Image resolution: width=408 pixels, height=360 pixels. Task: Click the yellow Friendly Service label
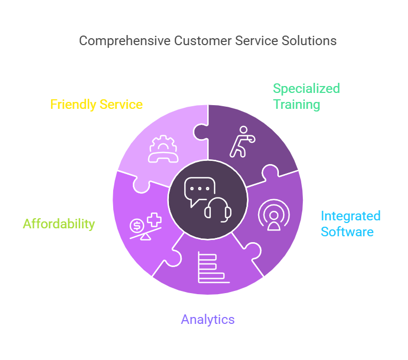click(x=96, y=104)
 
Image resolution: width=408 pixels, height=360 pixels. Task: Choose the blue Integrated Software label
click(x=350, y=224)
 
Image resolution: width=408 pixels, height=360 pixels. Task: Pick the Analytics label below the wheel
click(x=208, y=319)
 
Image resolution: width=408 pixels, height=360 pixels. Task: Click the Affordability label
click(x=58, y=224)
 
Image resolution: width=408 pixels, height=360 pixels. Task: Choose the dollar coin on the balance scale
click(x=137, y=226)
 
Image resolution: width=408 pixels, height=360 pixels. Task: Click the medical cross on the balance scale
click(x=154, y=220)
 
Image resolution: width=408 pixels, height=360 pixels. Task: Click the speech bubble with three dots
click(x=199, y=190)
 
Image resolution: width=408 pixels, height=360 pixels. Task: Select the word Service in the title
click(x=261, y=40)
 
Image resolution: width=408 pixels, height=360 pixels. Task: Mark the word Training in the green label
click(x=296, y=104)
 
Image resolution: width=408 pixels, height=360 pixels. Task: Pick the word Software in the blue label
click(x=347, y=232)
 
